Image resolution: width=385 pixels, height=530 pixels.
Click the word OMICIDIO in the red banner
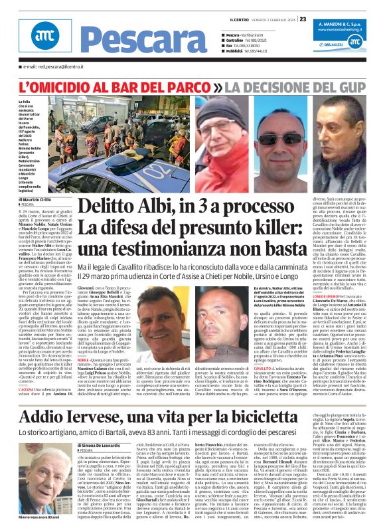pos(77,87)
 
